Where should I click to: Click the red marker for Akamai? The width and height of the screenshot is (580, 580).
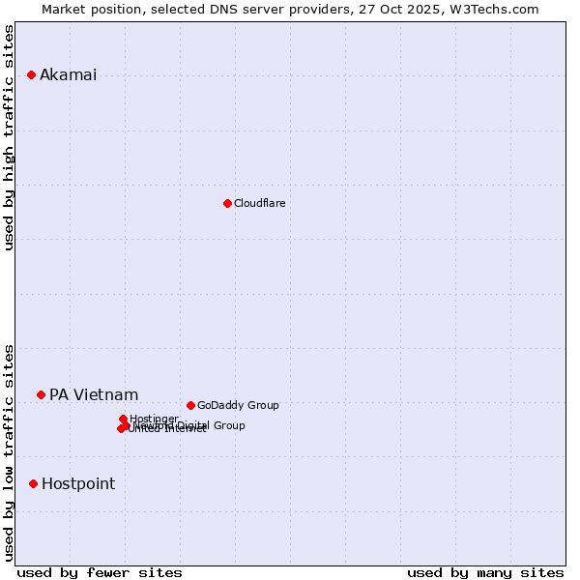coord(31,74)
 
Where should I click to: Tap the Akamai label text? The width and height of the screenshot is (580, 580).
coord(68,75)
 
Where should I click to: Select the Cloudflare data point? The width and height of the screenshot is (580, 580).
coord(227,203)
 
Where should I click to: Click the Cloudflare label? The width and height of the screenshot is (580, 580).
coord(259,203)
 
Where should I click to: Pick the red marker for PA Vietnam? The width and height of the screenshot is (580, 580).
coord(41,394)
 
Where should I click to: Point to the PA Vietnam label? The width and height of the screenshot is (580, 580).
coord(94,394)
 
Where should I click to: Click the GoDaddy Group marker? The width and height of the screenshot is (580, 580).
coord(190,405)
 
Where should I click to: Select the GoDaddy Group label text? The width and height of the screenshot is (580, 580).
coord(238,405)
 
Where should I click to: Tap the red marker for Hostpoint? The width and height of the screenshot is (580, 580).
coord(33,483)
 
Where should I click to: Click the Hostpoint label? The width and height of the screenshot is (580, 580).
coord(78,483)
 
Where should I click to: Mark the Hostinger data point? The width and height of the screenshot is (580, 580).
coord(123,419)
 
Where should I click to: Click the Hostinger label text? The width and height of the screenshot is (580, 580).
coord(154,419)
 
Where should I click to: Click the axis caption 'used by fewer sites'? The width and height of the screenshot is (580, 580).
coord(100,572)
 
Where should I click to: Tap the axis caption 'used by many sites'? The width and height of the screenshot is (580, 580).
coord(485,572)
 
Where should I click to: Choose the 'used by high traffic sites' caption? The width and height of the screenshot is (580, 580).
coord(10,137)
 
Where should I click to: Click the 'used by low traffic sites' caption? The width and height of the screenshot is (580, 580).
coord(10,451)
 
